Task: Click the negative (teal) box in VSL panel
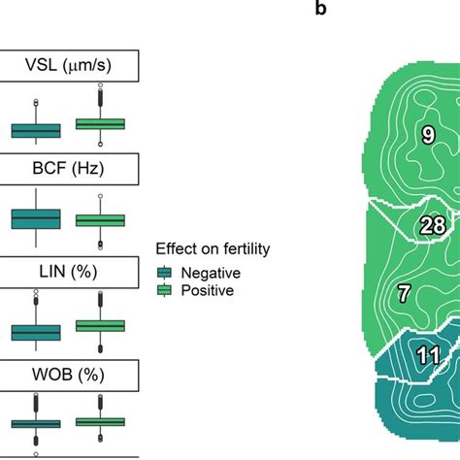click(x=36, y=130)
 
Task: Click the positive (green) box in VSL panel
click(x=100, y=123)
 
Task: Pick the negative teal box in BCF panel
click(x=36, y=219)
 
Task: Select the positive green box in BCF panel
click(x=100, y=220)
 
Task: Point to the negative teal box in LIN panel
click(x=36, y=332)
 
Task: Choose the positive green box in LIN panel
click(x=100, y=326)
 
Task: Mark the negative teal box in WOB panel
click(x=36, y=424)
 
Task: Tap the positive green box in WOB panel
click(x=100, y=421)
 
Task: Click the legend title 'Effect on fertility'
click(x=213, y=249)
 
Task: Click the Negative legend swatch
click(x=163, y=273)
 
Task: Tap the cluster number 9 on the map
click(x=427, y=136)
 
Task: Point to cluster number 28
click(x=432, y=226)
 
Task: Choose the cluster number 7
click(x=405, y=291)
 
